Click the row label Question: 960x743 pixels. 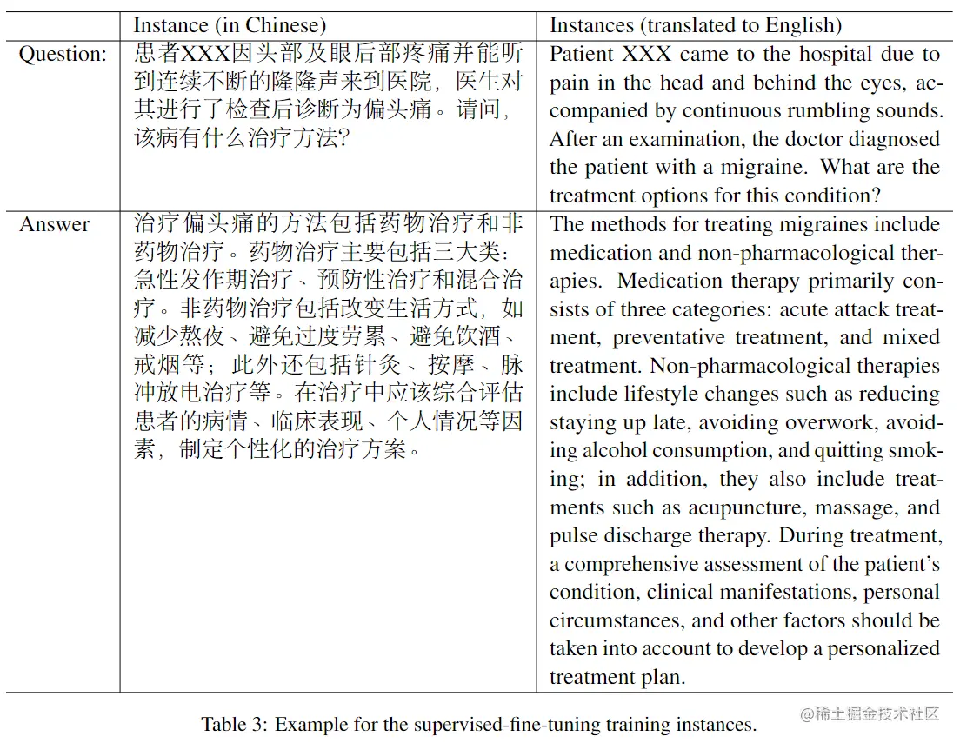tap(63, 54)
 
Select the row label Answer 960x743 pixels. tap(55, 224)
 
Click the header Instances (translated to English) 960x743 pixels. tap(696, 25)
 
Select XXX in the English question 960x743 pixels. tap(647, 54)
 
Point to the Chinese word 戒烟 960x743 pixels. tap(154, 366)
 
